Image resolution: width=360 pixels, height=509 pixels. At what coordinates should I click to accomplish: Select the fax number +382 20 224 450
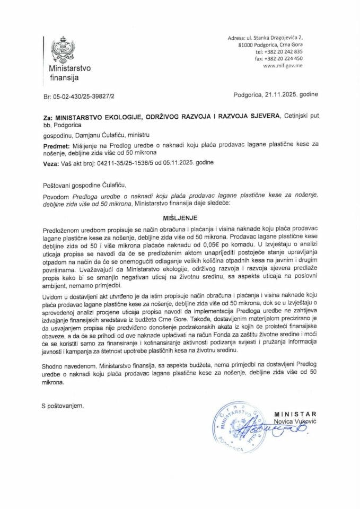(286, 59)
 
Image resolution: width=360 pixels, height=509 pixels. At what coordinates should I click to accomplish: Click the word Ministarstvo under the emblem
(69, 69)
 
